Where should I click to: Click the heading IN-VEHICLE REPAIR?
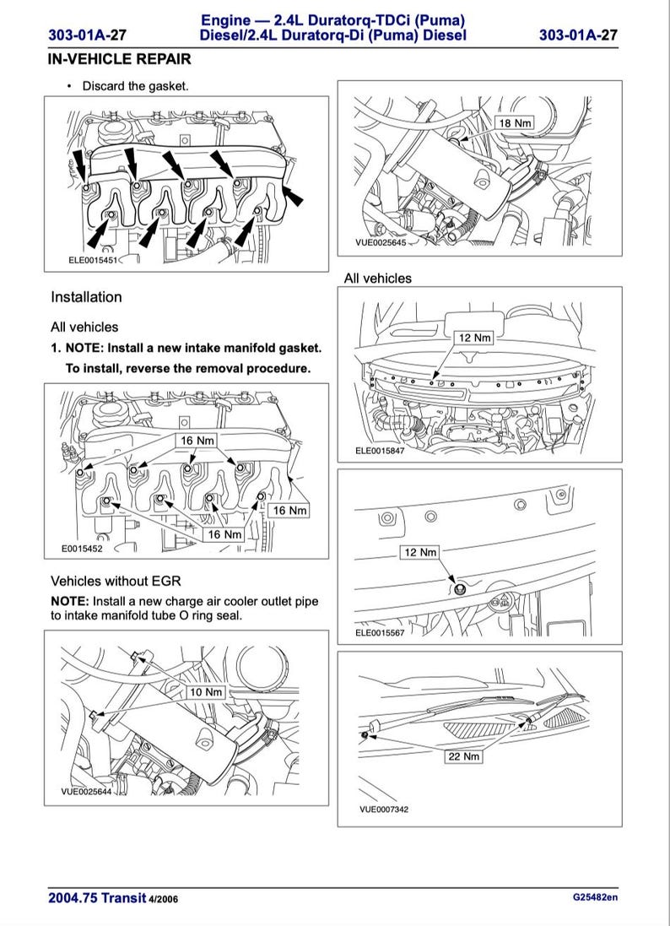(x=120, y=59)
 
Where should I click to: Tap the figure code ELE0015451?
(x=96, y=261)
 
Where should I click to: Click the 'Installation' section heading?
(x=86, y=297)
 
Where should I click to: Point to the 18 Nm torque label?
(x=516, y=123)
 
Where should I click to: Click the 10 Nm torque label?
(x=205, y=692)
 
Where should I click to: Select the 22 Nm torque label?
(x=463, y=756)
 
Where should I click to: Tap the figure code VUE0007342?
(x=383, y=810)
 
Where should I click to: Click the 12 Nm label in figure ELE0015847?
(x=474, y=338)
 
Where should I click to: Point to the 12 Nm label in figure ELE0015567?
(x=419, y=552)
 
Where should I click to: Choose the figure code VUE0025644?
(x=86, y=792)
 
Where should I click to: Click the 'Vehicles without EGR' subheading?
(x=116, y=581)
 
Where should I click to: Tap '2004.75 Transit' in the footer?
(x=97, y=898)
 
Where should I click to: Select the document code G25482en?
(x=595, y=897)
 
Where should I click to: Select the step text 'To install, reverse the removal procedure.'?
(x=188, y=368)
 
